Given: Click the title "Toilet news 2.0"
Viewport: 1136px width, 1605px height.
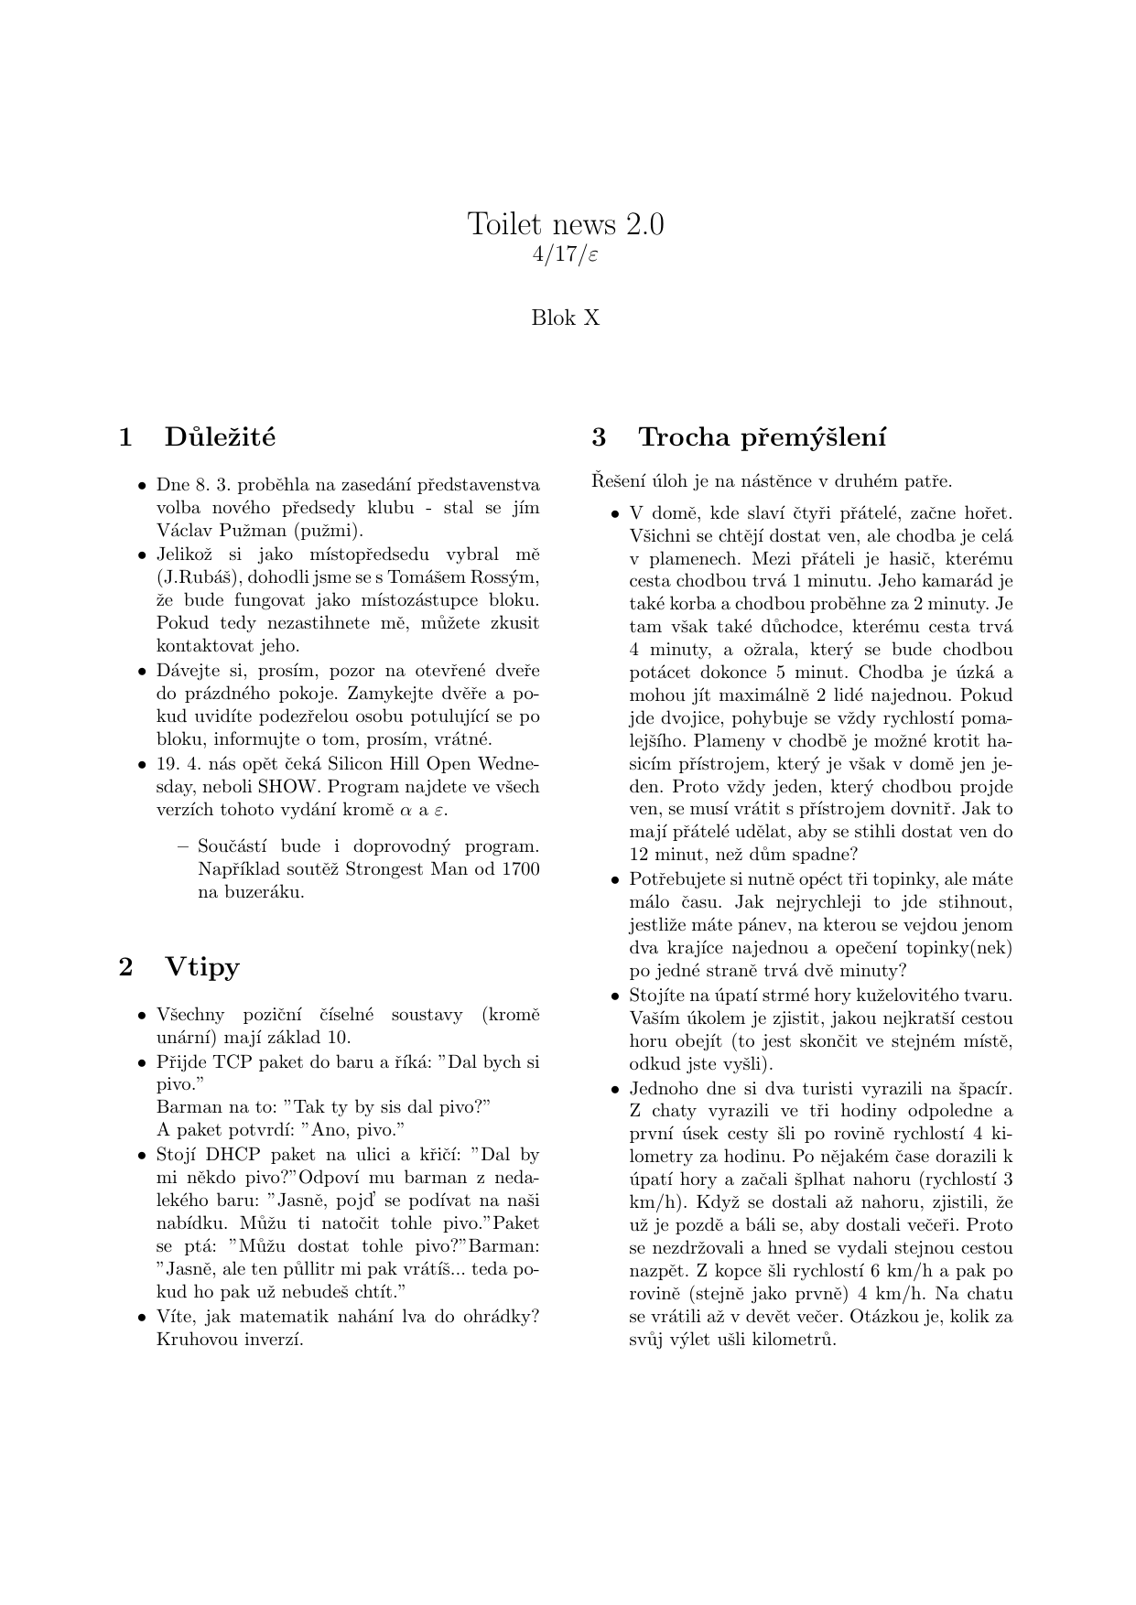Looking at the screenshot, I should [566, 223].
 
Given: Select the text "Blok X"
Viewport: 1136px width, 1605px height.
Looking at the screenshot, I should [566, 318].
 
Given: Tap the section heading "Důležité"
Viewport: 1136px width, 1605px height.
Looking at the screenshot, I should [220, 437].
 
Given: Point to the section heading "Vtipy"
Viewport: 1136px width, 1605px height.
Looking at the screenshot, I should [202, 967].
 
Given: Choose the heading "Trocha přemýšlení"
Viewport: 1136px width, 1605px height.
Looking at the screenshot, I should [762, 437].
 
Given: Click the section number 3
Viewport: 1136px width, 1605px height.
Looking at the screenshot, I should [600, 437].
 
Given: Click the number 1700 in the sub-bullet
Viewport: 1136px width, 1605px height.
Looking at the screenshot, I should [519, 868].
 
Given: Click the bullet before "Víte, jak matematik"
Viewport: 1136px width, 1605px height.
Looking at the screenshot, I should [142, 1318].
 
